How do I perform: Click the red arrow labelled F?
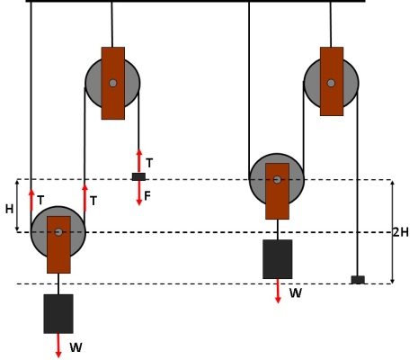pyautogui.click(x=139, y=193)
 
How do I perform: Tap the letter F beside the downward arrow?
pyautogui.click(x=147, y=196)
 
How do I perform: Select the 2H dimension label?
pyautogui.click(x=401, y=232)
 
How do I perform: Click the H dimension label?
pyautogui.click(x=9, y=209)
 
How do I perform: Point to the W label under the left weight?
pyautogui.click(x=76, y=347)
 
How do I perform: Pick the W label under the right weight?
pyautogui.click(x=296, y=292)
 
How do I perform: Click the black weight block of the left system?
pyautogui.click(x=58, y=314)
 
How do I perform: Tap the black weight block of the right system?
pyautogui.click(x=278, y=259)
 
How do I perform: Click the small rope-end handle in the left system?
pyautogui.click(x=139, y=176)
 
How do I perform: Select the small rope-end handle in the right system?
pyautogui.click(x=358, y=280)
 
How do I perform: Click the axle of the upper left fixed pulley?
pyautogui.click(x=113, y=83)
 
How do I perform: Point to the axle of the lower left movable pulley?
pyautogui.click(x=58, y=232)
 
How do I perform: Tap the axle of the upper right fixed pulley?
pyautogui.click(x=331, y=83)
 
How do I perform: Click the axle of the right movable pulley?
pyautogui.click(x=277, y=180)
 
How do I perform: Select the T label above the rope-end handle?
pyautogui.click(x=149, y=163)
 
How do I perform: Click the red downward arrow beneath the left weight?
pyautogui.click(x=58, y=346)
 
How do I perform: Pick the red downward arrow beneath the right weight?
pyautogui.click(x=278, y=291)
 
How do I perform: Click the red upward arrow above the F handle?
pyautogui.click(x=139, y=161)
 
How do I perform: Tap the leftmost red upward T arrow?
pyautogui.click(x=31, y=200)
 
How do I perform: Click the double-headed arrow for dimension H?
pyautogui.click(x=17, y=205)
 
